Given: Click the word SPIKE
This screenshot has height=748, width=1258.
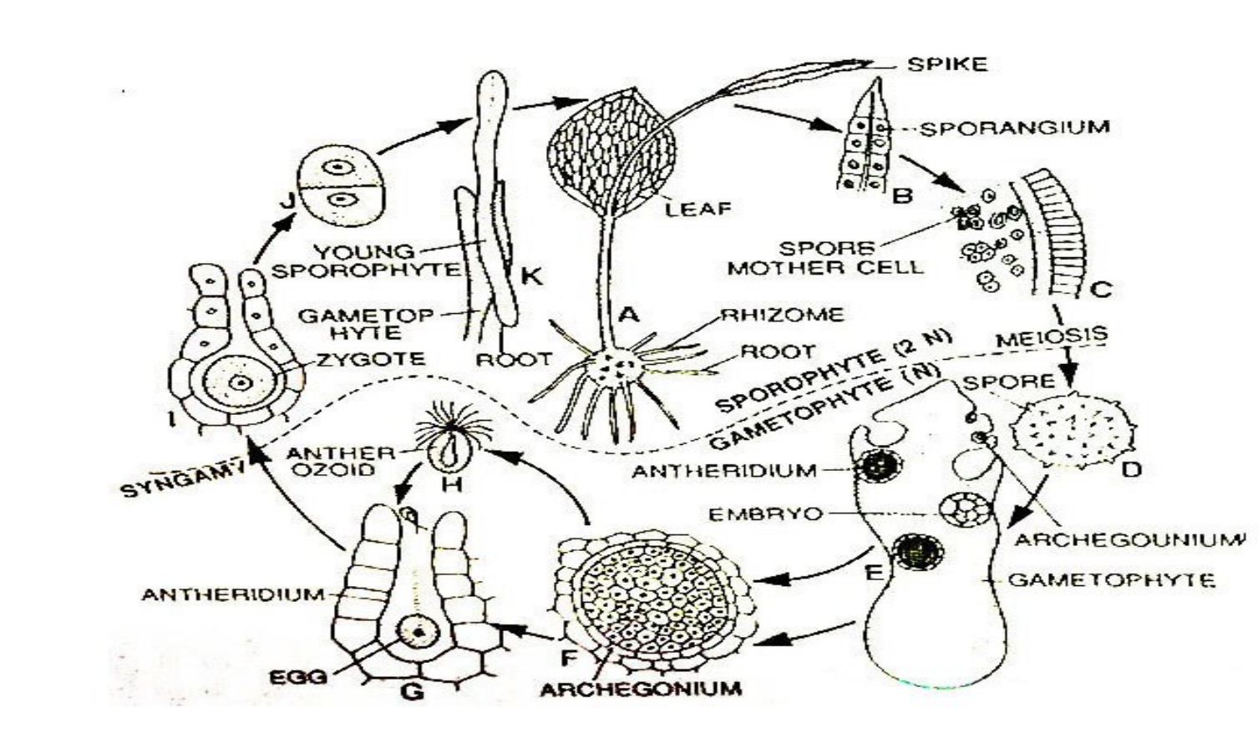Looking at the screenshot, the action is pos(947,64).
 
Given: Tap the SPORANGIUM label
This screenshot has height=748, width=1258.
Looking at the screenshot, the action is pos(1015,128).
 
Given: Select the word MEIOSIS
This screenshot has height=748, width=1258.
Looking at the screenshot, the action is pos(1052,336).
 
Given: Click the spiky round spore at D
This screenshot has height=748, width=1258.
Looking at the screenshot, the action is pos(1072,431).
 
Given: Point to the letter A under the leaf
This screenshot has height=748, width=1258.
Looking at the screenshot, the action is pos(629,315).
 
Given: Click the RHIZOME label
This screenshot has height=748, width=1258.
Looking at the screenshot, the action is pos(783,314).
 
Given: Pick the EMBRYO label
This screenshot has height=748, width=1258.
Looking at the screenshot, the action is pos(765,514).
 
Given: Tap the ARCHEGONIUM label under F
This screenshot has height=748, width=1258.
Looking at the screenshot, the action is pos(641,689).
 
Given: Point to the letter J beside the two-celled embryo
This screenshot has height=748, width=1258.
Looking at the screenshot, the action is pos(288,201).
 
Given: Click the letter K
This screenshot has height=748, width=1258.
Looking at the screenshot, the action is pos(531,276).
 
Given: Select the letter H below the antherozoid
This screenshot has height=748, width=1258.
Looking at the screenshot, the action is pos(452,483).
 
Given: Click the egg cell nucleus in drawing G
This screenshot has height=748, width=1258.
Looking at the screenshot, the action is pos(418,633).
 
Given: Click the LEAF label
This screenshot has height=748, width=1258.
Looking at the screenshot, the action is pos(699,210).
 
